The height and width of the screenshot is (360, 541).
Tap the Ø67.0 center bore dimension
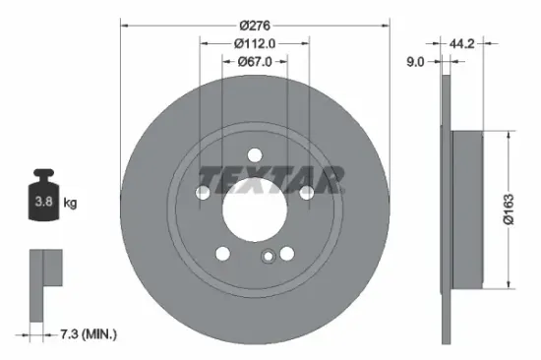254,61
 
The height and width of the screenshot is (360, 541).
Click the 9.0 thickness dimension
415,61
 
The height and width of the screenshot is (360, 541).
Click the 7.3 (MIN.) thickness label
83,335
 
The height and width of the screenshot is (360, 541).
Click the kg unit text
71,204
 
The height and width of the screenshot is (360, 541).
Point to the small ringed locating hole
267,259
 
